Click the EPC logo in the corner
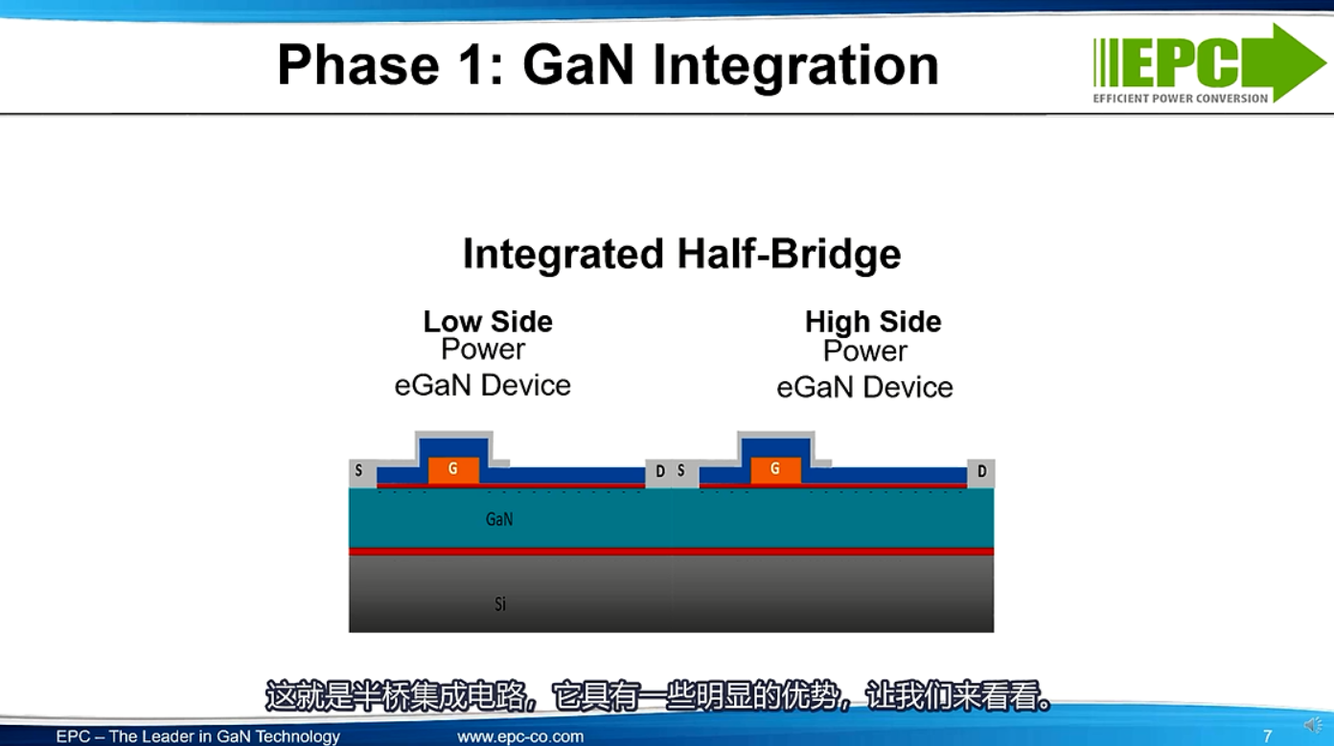click(x=1209, y=63)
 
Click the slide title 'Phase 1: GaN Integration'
click(x=608, y=65)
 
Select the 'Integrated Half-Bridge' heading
click(x=682, y=254)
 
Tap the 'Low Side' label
click(x=488, y=322)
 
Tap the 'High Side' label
click(x=873, y=322)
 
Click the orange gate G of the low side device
click(x=453, y=470)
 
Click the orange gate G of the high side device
click(x=775, y=470)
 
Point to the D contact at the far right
click(x=980, y=472)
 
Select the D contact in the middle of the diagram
click(x=658, y=472)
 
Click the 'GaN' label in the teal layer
click(x=499, y=519)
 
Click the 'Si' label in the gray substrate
click(x=500, y=604)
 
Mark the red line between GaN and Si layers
click(x=671, y=552)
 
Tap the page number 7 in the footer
click(x=1268, y=736)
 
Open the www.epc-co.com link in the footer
click(x=520, y=736)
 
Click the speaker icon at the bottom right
click(x=1313, y=725)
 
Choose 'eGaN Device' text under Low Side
click(x=482, y=386)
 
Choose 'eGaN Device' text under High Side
click(x=864, y=387)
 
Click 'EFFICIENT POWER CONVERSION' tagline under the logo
click(x=1181, y=99)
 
